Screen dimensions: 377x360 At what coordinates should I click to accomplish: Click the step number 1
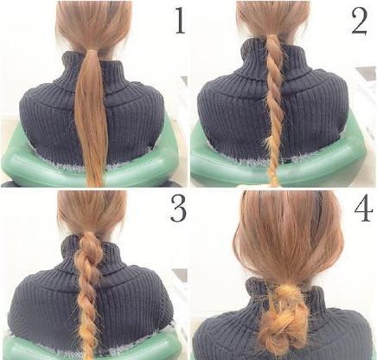click(x=180, y=21)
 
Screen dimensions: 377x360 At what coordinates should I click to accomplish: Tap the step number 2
click(x=359, y=22)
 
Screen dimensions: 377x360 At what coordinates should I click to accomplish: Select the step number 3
click(x=178, y=209)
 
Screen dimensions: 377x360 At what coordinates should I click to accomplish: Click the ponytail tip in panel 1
click(x=96, y=184)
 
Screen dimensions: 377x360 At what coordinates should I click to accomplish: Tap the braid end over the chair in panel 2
click(x=274, y=176)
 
